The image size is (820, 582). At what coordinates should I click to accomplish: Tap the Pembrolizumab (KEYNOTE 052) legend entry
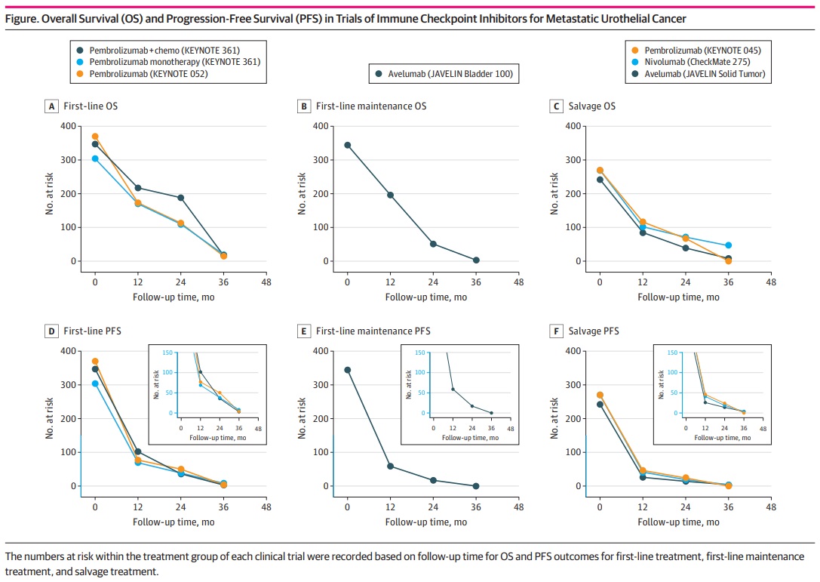pyautogui.click(x=148, y=74)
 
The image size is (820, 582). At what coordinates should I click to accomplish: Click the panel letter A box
pyautogui.click(x=51, y=106)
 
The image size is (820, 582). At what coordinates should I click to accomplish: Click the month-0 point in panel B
pyautogui.click(x=347, y=145)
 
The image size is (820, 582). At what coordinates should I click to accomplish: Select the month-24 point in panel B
pyautogui.click(x=433, y=244)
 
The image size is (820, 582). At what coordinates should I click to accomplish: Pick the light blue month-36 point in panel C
pyautogui.click(x=728, y=245)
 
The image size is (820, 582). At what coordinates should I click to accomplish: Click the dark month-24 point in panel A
pyautogui.click(x=180, y=198)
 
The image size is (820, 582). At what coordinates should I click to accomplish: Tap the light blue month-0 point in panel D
pyautogui.click(x=95, y=383)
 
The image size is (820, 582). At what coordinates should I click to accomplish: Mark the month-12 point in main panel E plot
pyautogui.click(x=390, y=466)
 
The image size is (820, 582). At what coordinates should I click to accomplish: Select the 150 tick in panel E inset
pyautogui.click(x=417, y=352)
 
